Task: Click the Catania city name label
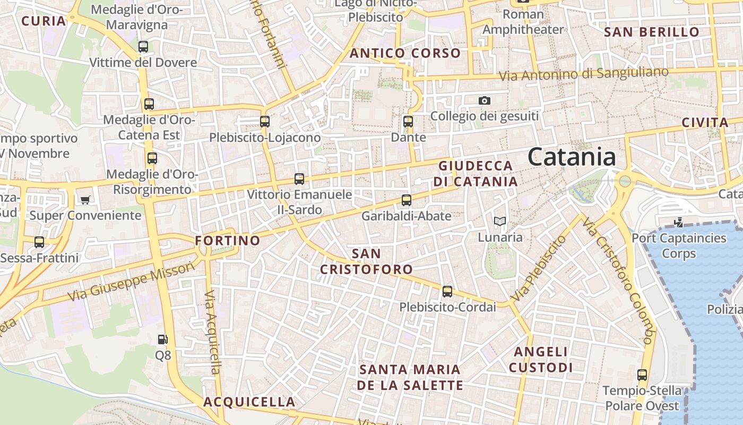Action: [x=572, y=157]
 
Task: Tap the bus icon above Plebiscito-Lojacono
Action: [x=265, y=121]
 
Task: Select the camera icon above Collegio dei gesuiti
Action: [x=484, y=100]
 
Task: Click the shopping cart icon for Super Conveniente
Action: [x=85, y=200]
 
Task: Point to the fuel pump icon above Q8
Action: [x=163, y=339]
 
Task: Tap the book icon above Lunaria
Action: [x=500, y=221]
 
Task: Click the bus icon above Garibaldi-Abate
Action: [x=407, y=200]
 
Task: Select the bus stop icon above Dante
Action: [x=408, y=121]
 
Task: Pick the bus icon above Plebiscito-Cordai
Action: [x=447, y=291]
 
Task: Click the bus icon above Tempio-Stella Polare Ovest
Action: [x=642, y=375]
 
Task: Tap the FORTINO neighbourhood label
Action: [x=228, y=241]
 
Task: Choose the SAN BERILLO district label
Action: [x=652, y=32]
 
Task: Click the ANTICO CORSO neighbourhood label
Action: [x=405, y=53]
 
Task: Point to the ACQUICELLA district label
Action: [x=249, y=402]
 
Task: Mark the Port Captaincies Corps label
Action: [x=679, y=245]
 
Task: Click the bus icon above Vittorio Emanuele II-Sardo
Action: [x=299, y=179]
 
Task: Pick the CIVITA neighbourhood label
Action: [x=705, y=123]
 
